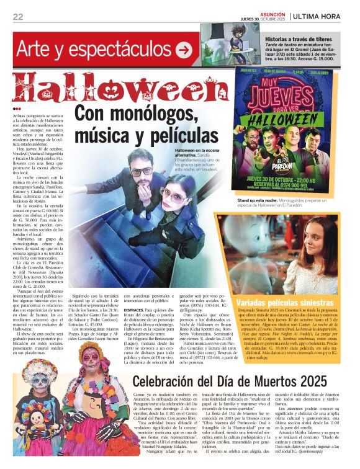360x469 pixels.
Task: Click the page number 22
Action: pyautogui.click(x=18, y=16)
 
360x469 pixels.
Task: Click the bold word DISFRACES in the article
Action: pyautogui.click(x=133, y=309)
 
